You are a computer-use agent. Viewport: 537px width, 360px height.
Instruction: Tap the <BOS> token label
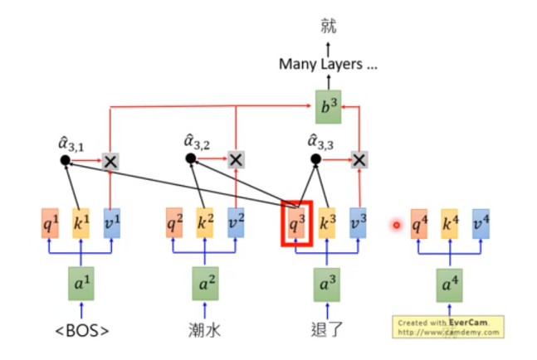point(81,333)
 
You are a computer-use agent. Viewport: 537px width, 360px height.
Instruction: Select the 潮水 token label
point(204,333)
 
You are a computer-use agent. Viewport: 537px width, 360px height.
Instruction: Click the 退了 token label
point(327,333)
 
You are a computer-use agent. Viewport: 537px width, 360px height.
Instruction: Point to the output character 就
point(329,26)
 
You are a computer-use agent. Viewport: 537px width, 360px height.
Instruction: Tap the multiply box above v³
point(359,159)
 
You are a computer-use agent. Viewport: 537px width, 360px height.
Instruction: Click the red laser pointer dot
point(397,224)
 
